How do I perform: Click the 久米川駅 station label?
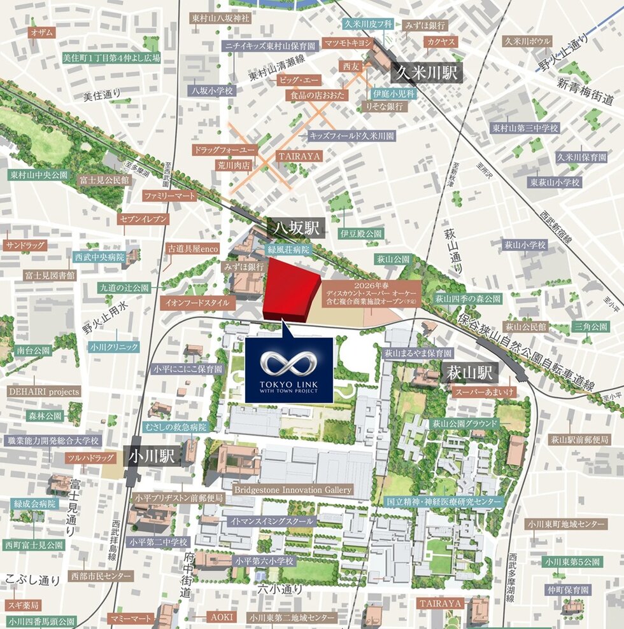point(428,72)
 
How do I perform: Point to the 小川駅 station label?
point(152,455)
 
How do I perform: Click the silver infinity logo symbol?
point(289,364)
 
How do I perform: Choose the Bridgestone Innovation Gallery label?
point(293,490)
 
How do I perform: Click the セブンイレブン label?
point(143,219)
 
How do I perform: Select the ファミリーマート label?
point(170,196)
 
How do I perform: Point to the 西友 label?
point(351,66)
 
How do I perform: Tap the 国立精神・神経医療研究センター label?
point(445,501)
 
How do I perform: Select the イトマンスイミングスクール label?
point(273,521)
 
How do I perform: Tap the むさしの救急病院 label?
point(175,426)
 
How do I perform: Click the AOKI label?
point(221,617)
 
